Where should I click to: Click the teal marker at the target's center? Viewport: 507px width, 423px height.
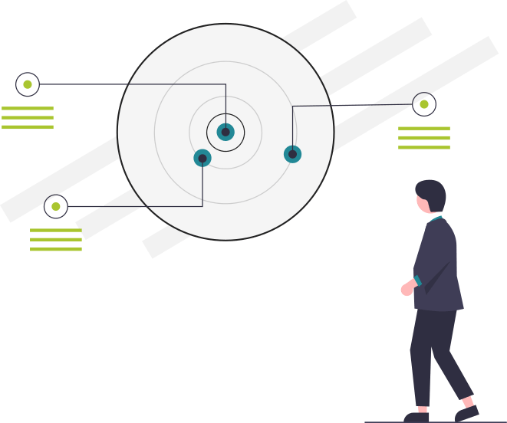coord(226,132)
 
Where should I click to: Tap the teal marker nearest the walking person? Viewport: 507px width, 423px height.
coord(292,154)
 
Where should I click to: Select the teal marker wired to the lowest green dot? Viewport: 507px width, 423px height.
coord(202,158)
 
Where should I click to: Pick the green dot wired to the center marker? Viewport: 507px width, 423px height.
coord(28,84)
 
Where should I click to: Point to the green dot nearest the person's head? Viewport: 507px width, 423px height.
coord(424,104)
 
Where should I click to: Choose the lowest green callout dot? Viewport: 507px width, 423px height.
coord(56,206)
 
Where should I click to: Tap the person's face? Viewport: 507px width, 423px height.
coord(423,204)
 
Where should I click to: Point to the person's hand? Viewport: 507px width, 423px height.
coord(407,289)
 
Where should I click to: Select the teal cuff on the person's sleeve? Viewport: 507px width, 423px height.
coord(417,280)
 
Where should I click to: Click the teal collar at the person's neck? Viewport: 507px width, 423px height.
coord(436,218)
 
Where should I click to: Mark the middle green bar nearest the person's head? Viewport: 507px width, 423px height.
coord(423,138)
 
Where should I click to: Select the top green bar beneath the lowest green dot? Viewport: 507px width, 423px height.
coord(55,230)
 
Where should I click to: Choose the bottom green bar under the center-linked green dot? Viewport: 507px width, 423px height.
coord(28,127)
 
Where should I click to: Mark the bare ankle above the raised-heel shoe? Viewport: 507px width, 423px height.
coord(467,402)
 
